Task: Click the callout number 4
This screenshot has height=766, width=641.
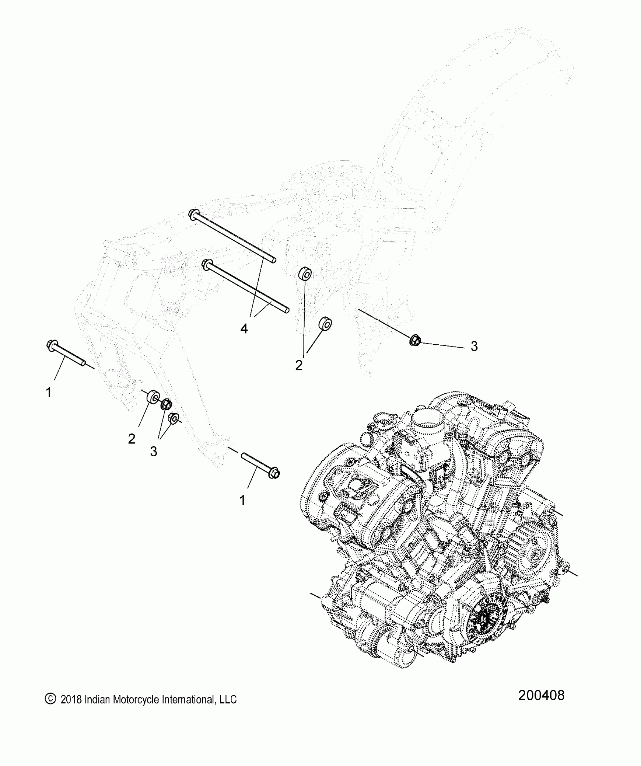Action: [244, 329]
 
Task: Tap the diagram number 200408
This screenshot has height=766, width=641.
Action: [541, 695]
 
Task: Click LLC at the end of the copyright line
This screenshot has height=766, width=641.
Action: [228, 699]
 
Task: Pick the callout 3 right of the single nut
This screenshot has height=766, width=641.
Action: [474, 346]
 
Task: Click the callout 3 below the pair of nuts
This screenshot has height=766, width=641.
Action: [153, 451]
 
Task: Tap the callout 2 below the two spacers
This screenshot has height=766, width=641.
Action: [299, 365]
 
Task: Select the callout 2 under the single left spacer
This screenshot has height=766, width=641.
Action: [132, 439]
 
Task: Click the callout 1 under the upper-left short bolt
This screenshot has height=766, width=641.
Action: [48, 393]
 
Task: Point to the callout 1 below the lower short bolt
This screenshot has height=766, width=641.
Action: [242, 500]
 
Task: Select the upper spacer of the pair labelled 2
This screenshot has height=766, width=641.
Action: [305, 274]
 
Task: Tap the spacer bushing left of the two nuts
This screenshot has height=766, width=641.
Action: [153, 398]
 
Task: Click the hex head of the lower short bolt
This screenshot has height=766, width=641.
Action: [274, 473]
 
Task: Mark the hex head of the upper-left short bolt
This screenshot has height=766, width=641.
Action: [52, 344]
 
